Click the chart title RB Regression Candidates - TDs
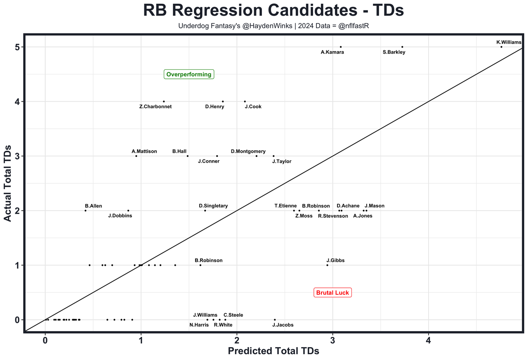coord(273,10)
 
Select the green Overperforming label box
coord(189,74)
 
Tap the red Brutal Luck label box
coord(332,293)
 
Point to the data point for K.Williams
coord(501,47)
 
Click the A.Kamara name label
coord(332,52)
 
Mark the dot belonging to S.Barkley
coord(402,47)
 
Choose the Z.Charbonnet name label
coord(156,107)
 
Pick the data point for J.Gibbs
coord(328,265)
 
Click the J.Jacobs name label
coord(283,325)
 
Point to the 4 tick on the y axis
coord(17,102)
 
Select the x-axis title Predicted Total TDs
coord(273,351)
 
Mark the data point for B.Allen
coord(85,211)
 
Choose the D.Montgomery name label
coord(248,152)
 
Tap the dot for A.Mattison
coord(136,156)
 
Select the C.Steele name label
coord(233,315)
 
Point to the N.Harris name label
coord(199,325)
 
